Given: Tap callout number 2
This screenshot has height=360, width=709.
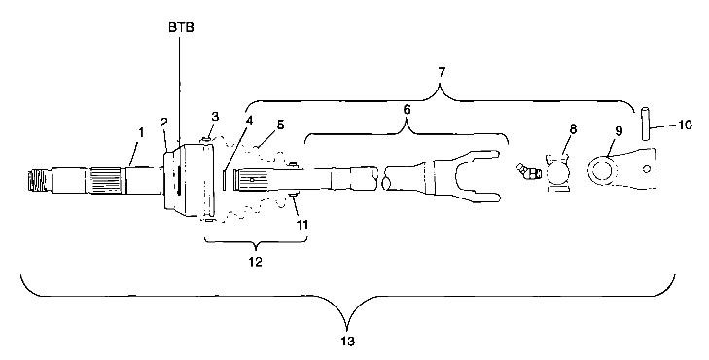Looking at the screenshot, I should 164,123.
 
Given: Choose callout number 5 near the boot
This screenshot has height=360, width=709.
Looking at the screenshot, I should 280,125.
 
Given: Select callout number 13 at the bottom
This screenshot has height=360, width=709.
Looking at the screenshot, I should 347,342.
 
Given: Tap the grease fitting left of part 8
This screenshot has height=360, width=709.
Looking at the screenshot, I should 529,173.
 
